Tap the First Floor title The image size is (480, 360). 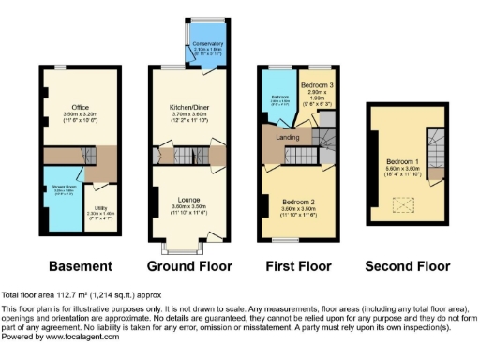click(293, 265)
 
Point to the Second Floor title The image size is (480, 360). click(404, 265)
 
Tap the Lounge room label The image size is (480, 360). click(185, 199)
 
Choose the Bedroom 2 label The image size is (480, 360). click(296, 202)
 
